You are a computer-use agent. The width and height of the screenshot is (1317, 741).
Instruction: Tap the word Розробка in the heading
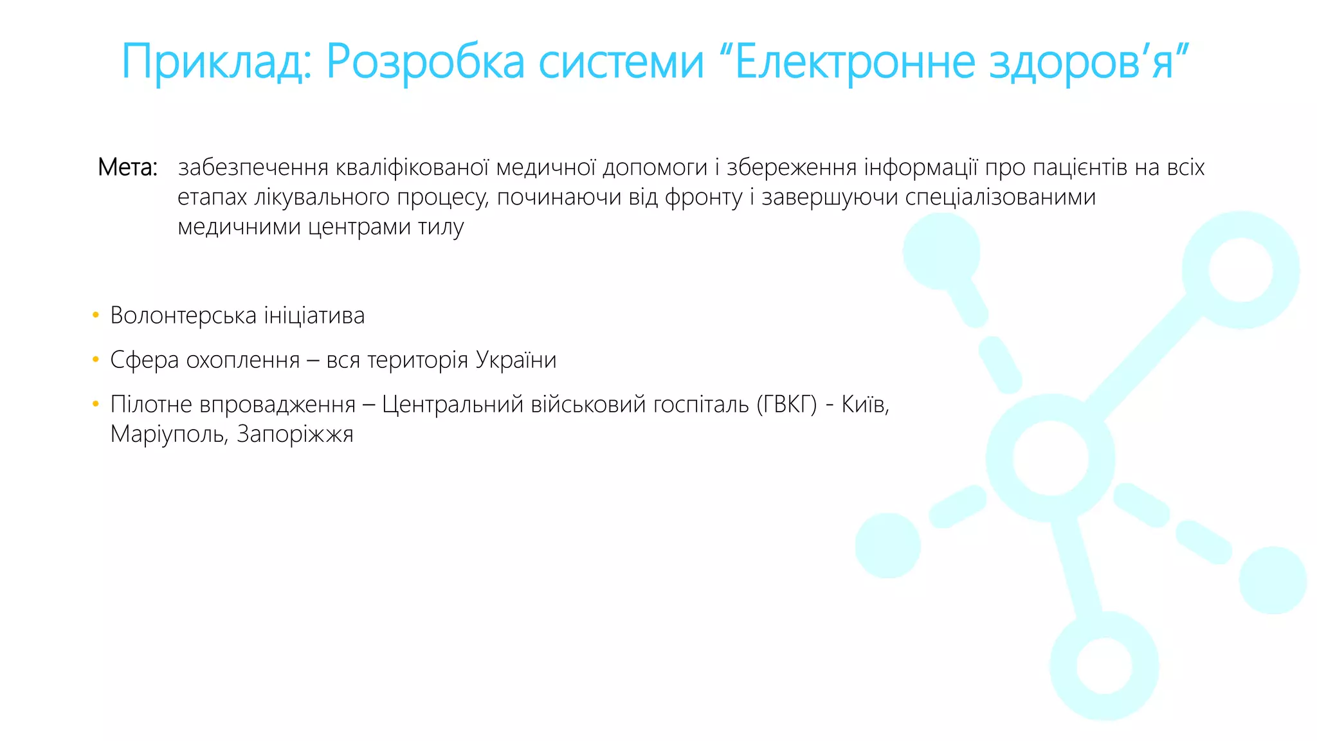point(425,62)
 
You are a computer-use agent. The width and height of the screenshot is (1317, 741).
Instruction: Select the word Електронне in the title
point(855,62)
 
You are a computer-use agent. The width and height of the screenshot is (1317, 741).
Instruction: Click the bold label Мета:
point(127,167)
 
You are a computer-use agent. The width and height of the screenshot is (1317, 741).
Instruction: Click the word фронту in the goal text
point(704,197)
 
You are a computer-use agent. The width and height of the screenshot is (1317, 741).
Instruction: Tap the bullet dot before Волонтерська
point(96,315)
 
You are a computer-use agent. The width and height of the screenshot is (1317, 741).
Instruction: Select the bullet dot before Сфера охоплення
point(96,360)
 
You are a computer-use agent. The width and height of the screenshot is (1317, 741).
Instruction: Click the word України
point(516,360)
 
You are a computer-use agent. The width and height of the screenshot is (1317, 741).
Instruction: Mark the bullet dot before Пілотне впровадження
point(96,404)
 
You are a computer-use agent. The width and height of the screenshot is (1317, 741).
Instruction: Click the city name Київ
point(864,404)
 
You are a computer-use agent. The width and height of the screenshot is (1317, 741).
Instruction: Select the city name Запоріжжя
point(295,434)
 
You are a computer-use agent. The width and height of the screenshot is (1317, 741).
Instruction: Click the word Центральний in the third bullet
point(453,404)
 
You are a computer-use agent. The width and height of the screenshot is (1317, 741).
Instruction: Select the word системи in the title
point(621,62)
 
